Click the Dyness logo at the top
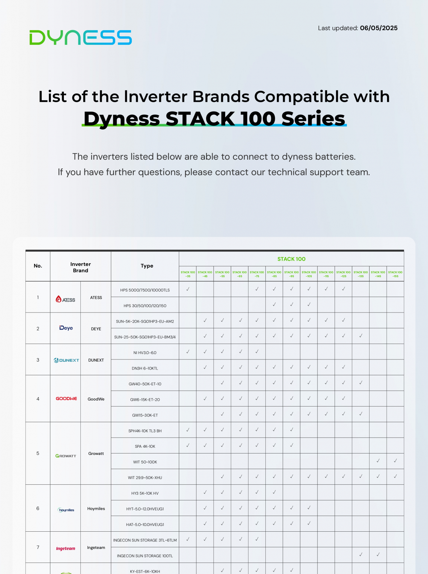(80, 37)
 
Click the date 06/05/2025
(378, 28)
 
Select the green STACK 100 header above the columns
(291, 259)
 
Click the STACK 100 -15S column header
(395, 274)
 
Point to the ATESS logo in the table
(65, 299)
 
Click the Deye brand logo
(66, 328)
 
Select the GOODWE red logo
(66, 399)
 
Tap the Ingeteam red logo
(65, 548)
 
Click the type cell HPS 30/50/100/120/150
(145, 306)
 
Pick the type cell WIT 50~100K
(145, 462)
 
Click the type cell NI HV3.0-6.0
(145, 353)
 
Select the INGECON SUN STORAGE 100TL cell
(145, 556)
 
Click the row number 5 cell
(38, 453)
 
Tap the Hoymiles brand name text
(96, 509)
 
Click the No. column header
(38, 266)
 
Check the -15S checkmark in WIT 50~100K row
(395, 461)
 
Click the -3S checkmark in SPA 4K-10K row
(187, 445)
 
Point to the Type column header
(147, 266)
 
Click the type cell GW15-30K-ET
(145, 415)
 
